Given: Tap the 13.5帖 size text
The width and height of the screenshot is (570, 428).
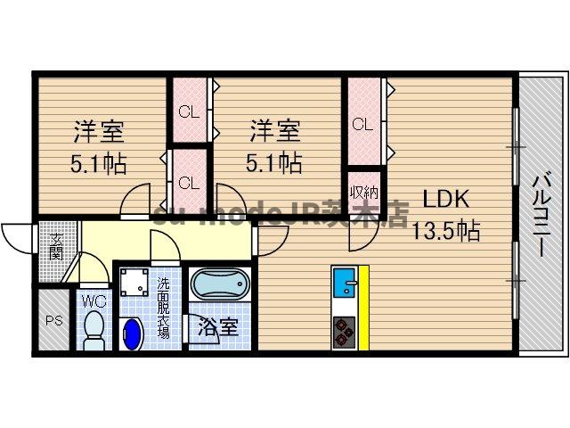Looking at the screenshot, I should [445, 232].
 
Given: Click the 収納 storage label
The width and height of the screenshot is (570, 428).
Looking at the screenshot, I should [362, 192].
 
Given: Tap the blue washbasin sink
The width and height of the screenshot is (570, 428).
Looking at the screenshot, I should [133, 335].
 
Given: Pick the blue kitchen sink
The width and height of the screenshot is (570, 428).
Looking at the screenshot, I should [343, 285].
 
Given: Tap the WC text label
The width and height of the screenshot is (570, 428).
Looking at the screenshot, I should [94, 301].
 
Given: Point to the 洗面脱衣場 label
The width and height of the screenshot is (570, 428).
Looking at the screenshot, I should [164, 309].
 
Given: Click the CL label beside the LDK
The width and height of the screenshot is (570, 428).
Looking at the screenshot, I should [362, 125].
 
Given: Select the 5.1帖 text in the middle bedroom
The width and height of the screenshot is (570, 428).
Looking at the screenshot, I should [274, 163].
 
